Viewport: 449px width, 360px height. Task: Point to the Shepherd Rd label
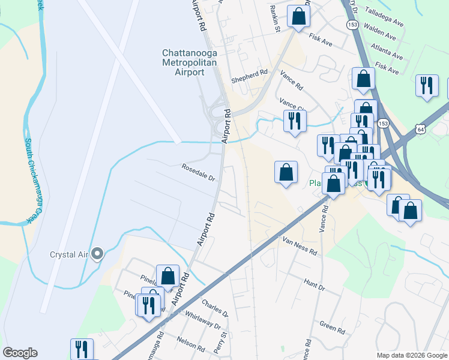tap(250, 73)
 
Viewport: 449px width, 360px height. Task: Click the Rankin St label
tap(275, 18)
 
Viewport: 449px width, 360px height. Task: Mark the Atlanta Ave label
tap(390, 49)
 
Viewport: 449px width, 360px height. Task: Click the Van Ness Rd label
tap(299, 246)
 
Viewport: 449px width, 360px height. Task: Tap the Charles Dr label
tap(215, 309)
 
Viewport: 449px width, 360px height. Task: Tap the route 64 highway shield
tap(420, 128)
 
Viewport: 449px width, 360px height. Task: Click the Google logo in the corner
tap(20, 352)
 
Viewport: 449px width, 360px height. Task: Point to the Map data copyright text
tap(411, 355)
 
